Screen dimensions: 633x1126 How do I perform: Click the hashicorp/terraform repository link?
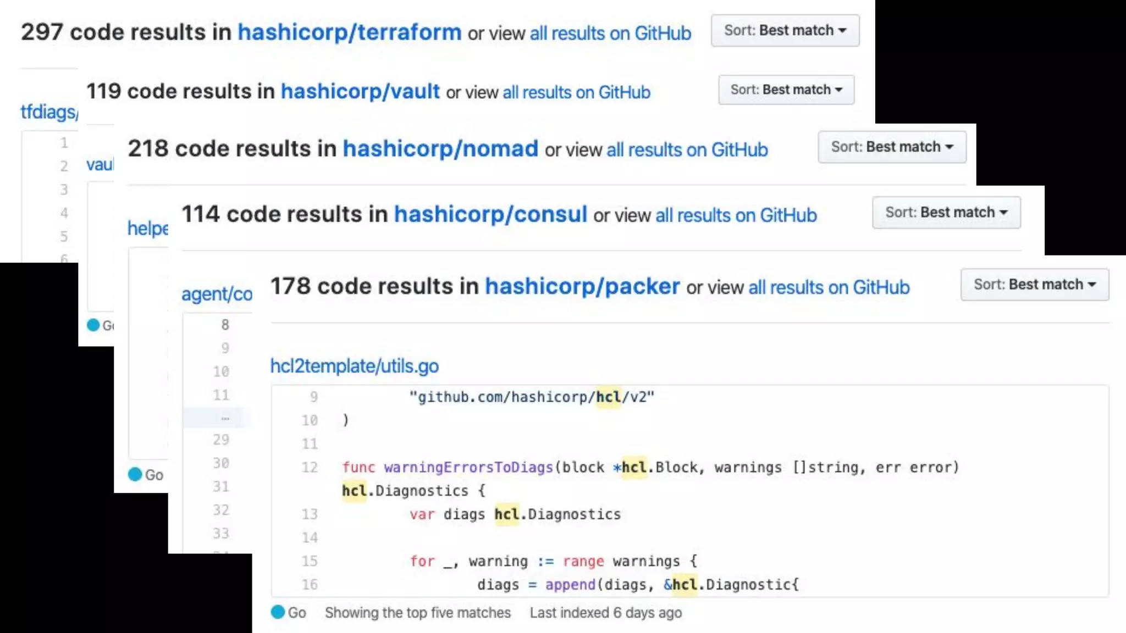click(349, 32)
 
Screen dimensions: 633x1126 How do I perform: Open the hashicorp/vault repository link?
click(360, 91)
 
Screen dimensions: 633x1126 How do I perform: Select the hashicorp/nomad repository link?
click(440, 148)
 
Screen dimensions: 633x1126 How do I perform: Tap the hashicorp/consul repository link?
click(490, 214)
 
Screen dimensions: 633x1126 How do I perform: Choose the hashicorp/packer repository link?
click(582, 286)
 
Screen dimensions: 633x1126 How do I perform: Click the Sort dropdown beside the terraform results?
click(785, 31)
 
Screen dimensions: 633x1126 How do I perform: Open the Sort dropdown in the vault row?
click(786, 90)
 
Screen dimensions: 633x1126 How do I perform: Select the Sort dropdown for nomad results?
click(891, 147)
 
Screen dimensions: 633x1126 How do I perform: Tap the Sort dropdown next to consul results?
click(946, 212)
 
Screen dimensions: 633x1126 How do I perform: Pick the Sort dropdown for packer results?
click(1034, 284)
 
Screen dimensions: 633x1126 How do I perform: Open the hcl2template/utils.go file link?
click(354, 366)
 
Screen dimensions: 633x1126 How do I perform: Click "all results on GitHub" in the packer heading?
click(829, 287)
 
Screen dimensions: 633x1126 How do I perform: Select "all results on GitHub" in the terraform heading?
click(610, 33)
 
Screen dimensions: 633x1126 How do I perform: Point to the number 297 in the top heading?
click(42, 32)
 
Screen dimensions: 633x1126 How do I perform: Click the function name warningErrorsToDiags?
click(468, 467)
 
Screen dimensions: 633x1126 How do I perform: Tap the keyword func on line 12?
click(358, 467)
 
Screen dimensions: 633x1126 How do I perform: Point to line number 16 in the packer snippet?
click(310, 584)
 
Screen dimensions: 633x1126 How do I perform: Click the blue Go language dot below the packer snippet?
click(278, 612)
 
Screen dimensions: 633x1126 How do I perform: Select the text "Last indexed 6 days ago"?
click(605, 613)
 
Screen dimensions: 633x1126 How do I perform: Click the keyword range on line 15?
click(583, 561)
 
